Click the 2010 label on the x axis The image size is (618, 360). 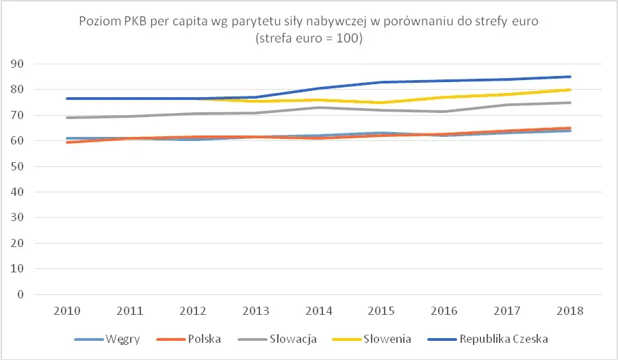(x=67, y=310)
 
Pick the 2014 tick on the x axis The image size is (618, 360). (x=319, y=310)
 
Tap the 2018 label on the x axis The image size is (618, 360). (x=571, y=310)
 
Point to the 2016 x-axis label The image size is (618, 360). (x=445, y=310)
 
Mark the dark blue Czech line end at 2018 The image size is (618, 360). (x=570, y=77)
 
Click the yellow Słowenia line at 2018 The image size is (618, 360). (x=570, y=90)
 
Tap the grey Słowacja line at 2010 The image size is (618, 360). (x=67, y=118)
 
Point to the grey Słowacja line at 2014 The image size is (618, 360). (x=319, y=107)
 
